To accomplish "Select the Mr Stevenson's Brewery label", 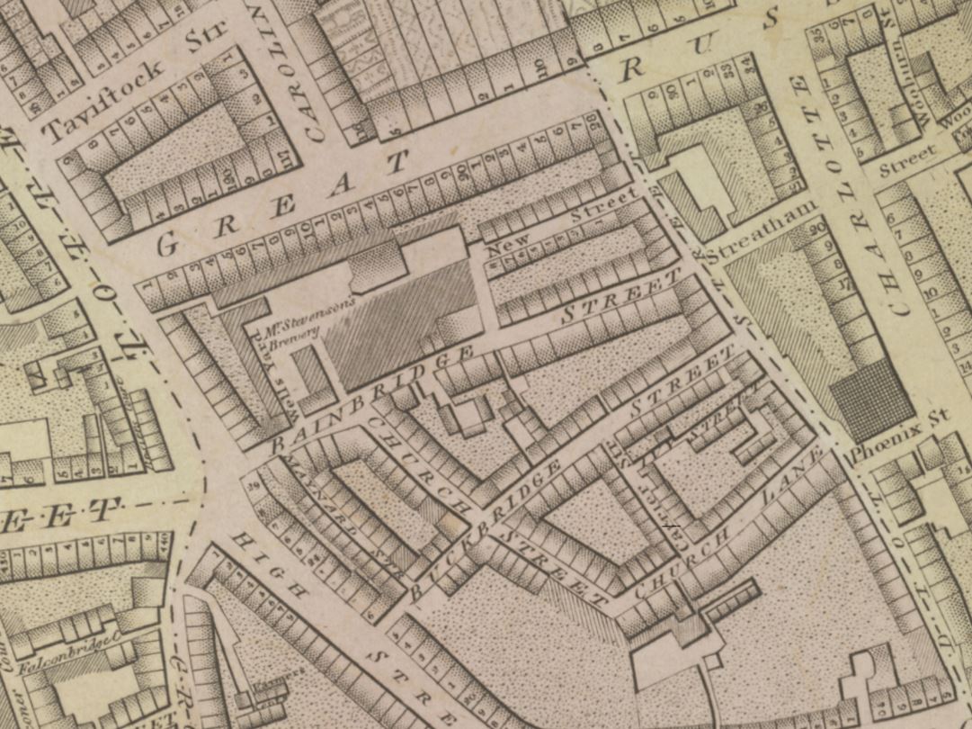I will point(305,318).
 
